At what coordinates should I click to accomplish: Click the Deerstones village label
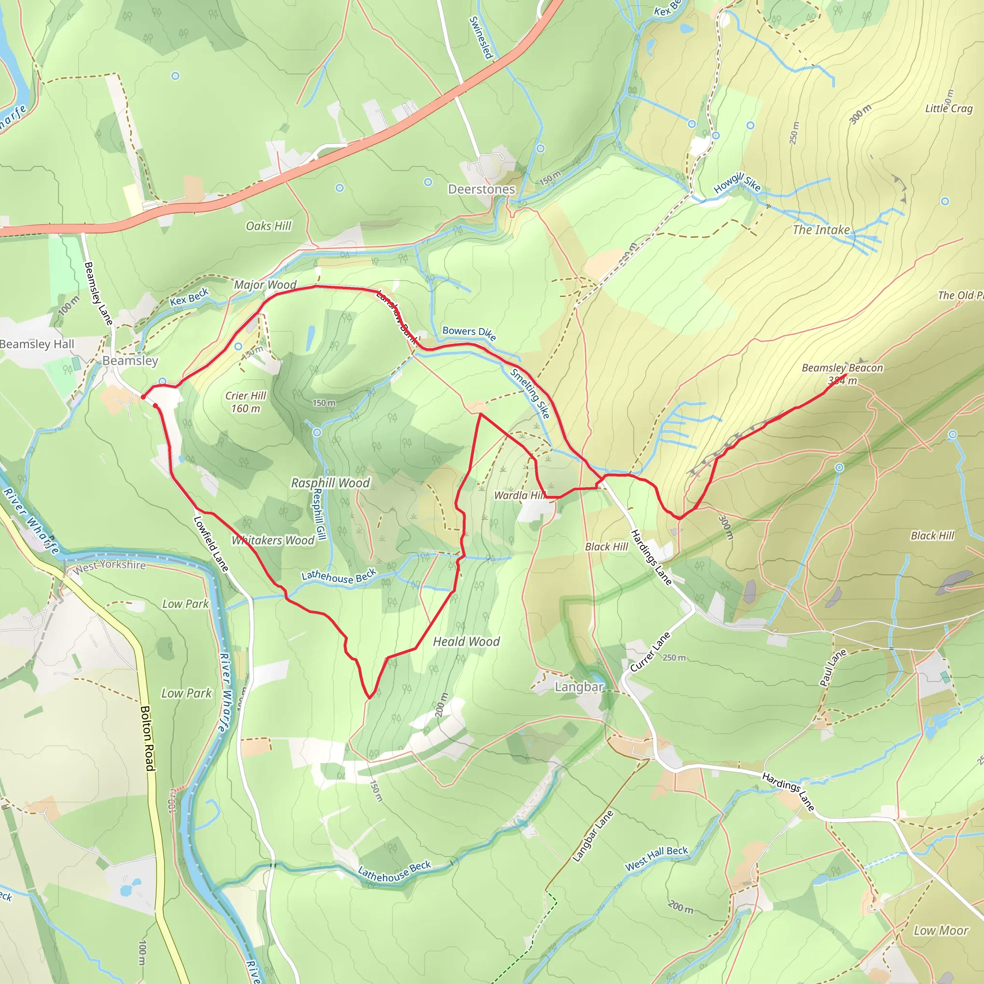click(x=481, y=189)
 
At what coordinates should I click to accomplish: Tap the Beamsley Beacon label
click(x=842, y=368)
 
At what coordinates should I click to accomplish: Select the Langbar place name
click(x=579, y=687)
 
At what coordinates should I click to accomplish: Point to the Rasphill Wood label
click(x=330, y=483)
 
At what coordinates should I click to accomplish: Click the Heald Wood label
click(x=467, y=642)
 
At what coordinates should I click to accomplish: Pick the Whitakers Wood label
click(x=273, y=541)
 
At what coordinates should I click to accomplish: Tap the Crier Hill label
click(x=246, y=396)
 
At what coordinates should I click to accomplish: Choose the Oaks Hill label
click(x=269, y=226)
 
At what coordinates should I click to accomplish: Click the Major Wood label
click(x=265, y=285)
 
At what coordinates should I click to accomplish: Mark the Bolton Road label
click(x=148, y=738)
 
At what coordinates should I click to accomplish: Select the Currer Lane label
click(x=651, y=652)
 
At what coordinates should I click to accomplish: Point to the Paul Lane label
click(x=833, y=668)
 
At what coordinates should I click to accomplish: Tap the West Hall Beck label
click(x=656, y=858)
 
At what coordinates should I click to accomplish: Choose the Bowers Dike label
click(x=469, y=333)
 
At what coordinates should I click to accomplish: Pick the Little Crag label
click(x=949, y=109)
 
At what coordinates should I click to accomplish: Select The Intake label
click(x=821, y=230)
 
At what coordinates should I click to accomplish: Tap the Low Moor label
click(x=941, y=931)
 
